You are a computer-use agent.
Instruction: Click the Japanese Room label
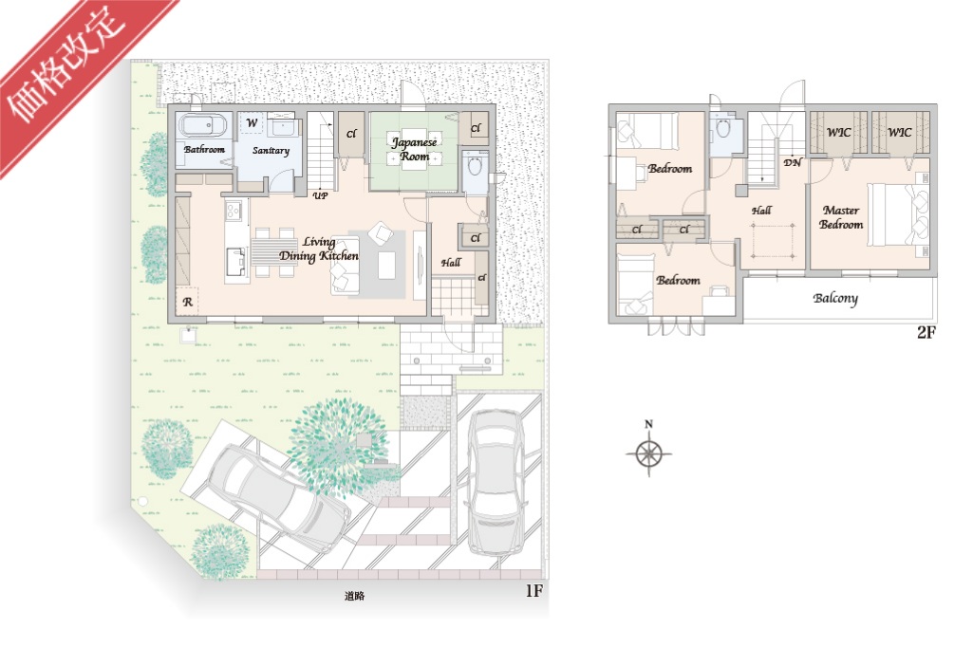coord(414,149)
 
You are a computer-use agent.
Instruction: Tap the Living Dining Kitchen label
coord(318,249)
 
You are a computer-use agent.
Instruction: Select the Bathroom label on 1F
coord(204,150)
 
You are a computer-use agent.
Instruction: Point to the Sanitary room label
coord(271,150)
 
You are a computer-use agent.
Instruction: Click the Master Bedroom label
coord(841,217)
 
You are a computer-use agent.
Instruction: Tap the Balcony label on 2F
coord(835,299)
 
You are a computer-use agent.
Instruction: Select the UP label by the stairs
coord(320,196)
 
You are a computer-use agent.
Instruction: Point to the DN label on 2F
coord(792,162)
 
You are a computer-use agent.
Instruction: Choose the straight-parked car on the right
coord(496,481)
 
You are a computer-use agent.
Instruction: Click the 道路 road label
coord(354,596)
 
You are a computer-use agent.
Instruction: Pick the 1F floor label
coord(533,590)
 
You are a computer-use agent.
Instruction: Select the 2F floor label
coord(926,332)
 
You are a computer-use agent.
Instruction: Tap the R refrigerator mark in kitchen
coord(187,302)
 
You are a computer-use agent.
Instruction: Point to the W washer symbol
coord(252,122)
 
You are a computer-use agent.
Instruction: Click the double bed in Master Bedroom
coord(898,214)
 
